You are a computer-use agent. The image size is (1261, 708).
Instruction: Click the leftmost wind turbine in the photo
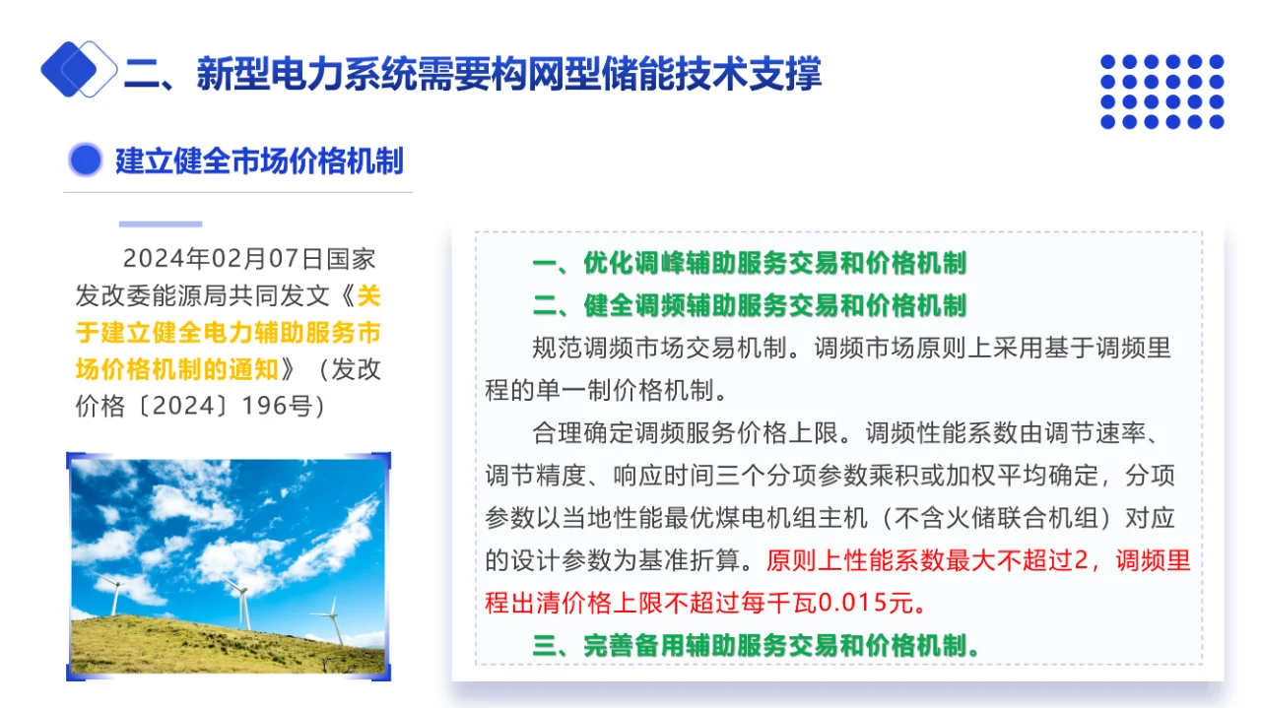(113, 593)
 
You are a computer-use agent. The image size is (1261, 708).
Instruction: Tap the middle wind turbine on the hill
(239, 600)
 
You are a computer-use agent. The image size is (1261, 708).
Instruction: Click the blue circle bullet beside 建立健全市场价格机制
(86, 161)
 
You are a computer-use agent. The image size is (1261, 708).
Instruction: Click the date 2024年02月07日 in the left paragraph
(209, 260)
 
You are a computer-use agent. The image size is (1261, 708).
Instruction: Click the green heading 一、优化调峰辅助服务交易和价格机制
(749, 263)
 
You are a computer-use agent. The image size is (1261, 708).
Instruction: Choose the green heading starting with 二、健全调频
(749, 305)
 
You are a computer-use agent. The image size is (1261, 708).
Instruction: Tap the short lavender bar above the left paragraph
(161, 225)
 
